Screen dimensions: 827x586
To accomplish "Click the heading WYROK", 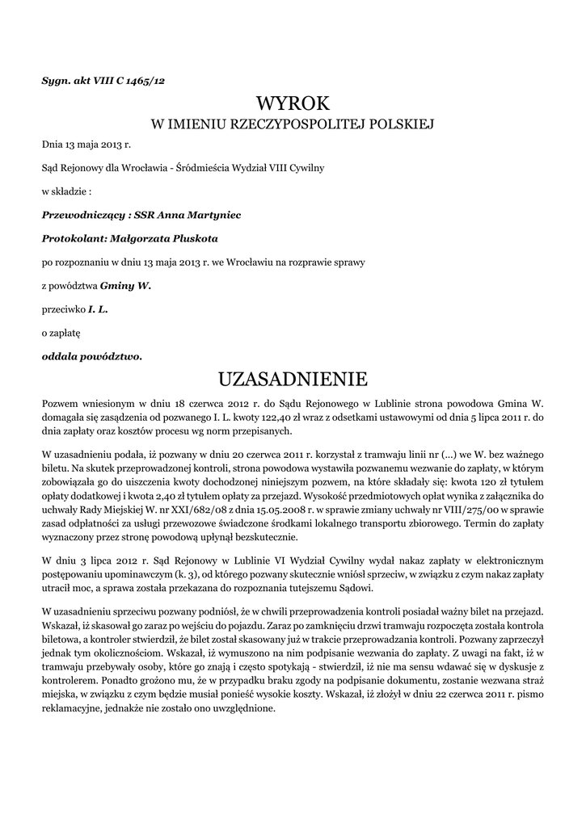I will pos(293,103).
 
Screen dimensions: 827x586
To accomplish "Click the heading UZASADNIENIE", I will pos(293,379).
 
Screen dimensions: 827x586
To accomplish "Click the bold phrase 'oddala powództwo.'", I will pos(91,355).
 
